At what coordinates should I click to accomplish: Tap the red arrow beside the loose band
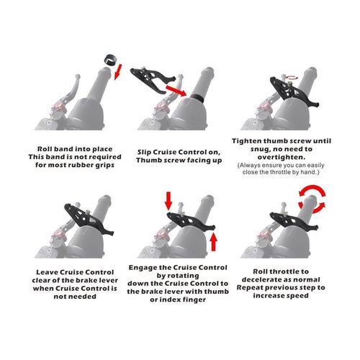(118, 72)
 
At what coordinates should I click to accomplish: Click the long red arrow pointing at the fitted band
(176, 90)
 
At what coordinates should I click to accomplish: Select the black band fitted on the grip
(197, 98)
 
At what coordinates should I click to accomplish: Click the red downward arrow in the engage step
(168, 201)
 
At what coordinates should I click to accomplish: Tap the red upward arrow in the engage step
(213, 242)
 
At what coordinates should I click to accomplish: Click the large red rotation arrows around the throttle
(312, 199)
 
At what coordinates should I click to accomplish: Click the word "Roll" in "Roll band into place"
(45, 149)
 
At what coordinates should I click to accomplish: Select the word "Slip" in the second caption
(144, 153)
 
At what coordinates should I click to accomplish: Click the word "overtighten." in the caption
(282, 157)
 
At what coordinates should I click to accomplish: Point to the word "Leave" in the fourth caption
(47, 272)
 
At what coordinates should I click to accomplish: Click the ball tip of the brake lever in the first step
(77, 77)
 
